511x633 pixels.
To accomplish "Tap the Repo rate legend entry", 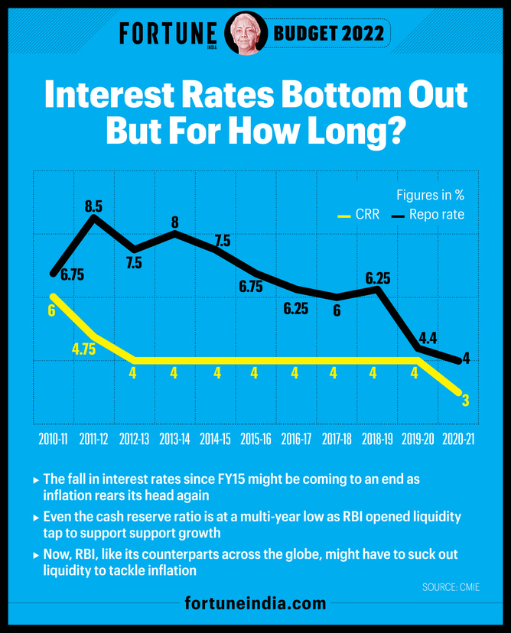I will coord(428,215).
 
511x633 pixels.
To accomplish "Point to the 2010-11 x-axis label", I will coord(53,440).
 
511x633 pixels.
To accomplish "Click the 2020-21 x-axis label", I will coord(458,440).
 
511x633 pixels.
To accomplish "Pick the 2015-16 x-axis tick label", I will coord(255,440).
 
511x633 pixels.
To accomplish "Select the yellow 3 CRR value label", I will coord(464,401).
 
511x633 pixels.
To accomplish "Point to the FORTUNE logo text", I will coord(168,34).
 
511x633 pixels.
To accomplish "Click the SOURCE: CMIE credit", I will coord(451,587).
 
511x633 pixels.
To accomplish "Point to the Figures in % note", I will coord(430,195).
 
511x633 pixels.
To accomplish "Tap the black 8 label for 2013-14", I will coord(174,223).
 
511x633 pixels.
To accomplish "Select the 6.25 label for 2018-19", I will coord(377,278).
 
